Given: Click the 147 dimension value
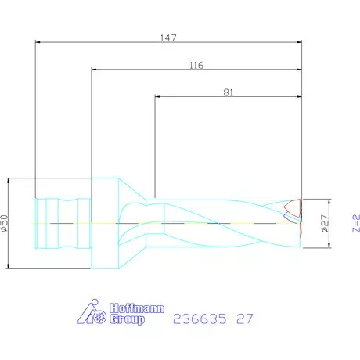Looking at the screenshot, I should (x=169, y=36).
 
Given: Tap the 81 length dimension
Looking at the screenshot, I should (x=229, y=92).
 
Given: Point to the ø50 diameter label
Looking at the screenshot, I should (x=5, y=223).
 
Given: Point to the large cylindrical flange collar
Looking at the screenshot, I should (x=104, y=223).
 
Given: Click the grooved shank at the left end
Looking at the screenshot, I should (x=61, y=223).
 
